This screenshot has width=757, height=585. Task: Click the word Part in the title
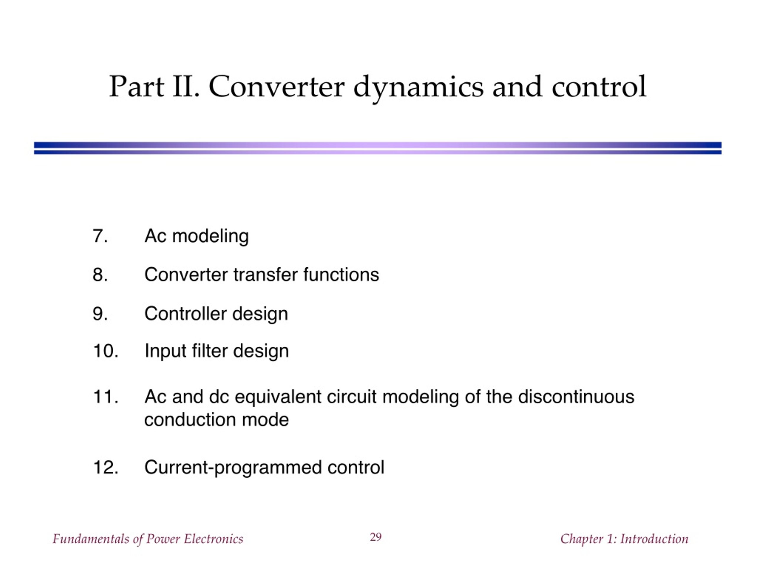coord(137,86)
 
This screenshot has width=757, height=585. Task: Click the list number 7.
coord(100,236)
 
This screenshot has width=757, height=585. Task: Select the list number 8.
coord(100,275)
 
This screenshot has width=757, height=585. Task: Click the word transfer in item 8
coord(265,275)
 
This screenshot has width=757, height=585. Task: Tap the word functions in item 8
coord(341,275)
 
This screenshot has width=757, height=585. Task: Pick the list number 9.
coord(100,313)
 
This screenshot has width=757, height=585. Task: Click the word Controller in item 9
coord(185,313)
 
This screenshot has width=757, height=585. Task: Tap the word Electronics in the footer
coord(213,539)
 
